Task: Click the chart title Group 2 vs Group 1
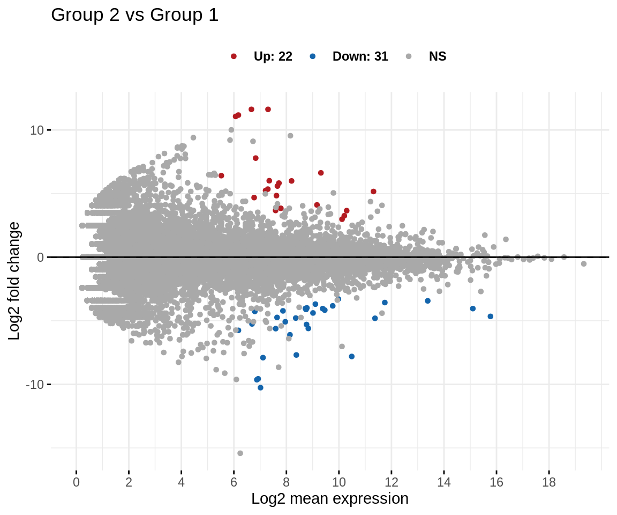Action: coord(134,16)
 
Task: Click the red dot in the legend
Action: coord(234,56)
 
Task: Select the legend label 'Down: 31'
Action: coord(360,56)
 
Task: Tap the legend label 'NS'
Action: coord(437,56)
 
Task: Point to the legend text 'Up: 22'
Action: coord(273,56)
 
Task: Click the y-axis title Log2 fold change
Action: coord(14,281)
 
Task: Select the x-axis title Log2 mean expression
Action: coord(330,498)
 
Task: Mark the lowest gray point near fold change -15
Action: coord(240,453)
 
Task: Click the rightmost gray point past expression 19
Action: coord(584,263)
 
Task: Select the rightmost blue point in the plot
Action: coord(490,317)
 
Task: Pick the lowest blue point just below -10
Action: coord(260,387)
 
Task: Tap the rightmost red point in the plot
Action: coord(373,192)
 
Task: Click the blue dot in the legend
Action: coord(312,56)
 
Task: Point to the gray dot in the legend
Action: coord(409,56)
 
